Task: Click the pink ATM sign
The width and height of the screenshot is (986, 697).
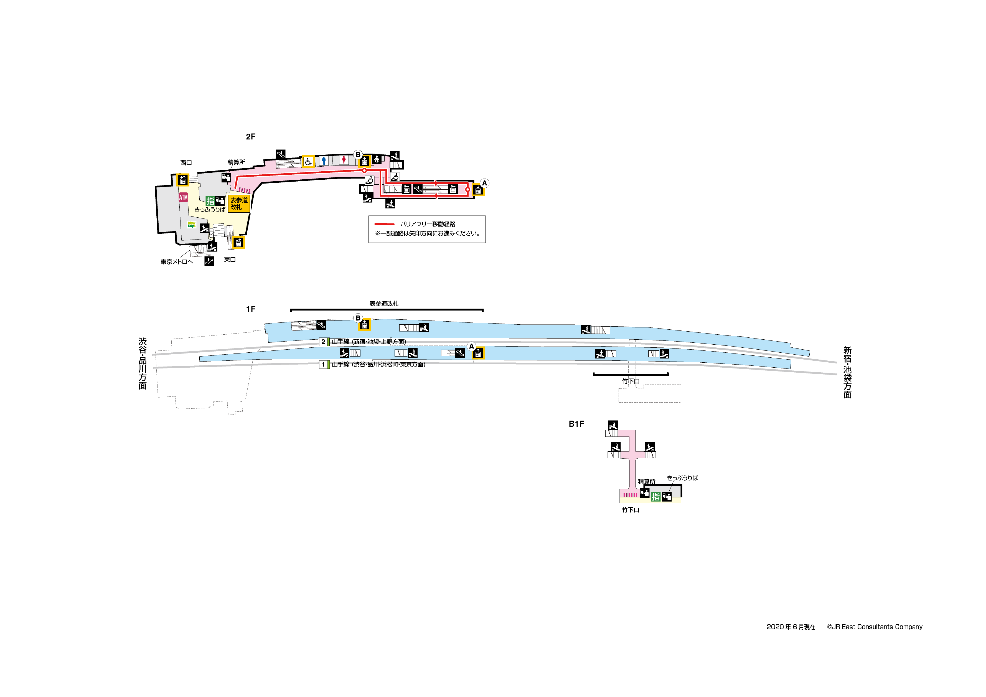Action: point(183,197)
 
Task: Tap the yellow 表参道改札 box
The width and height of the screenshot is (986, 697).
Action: point(239,203)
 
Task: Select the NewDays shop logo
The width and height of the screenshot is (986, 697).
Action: point(192,225)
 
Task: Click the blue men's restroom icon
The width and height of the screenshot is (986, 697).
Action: point(324,161)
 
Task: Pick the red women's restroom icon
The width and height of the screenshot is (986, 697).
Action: point(344,160)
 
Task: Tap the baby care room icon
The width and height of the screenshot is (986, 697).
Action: point(376,159)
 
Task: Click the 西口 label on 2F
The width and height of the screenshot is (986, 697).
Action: point(186,163)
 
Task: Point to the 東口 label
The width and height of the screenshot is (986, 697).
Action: point(230,260)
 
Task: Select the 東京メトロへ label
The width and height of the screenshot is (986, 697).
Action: point(177,262)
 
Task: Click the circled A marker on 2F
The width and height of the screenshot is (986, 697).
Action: point(484,183)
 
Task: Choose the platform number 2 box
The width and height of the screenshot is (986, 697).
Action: point(323,342)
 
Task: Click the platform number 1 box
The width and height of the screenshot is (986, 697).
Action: point(323,365)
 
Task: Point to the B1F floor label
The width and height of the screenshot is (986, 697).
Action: point(576,424)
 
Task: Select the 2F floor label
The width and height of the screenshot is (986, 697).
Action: point(250,137)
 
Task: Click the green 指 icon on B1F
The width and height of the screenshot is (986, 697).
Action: point(655,497)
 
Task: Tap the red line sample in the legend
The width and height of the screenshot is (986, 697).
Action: point(384,224)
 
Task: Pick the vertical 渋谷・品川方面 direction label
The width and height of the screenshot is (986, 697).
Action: point(143,363)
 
